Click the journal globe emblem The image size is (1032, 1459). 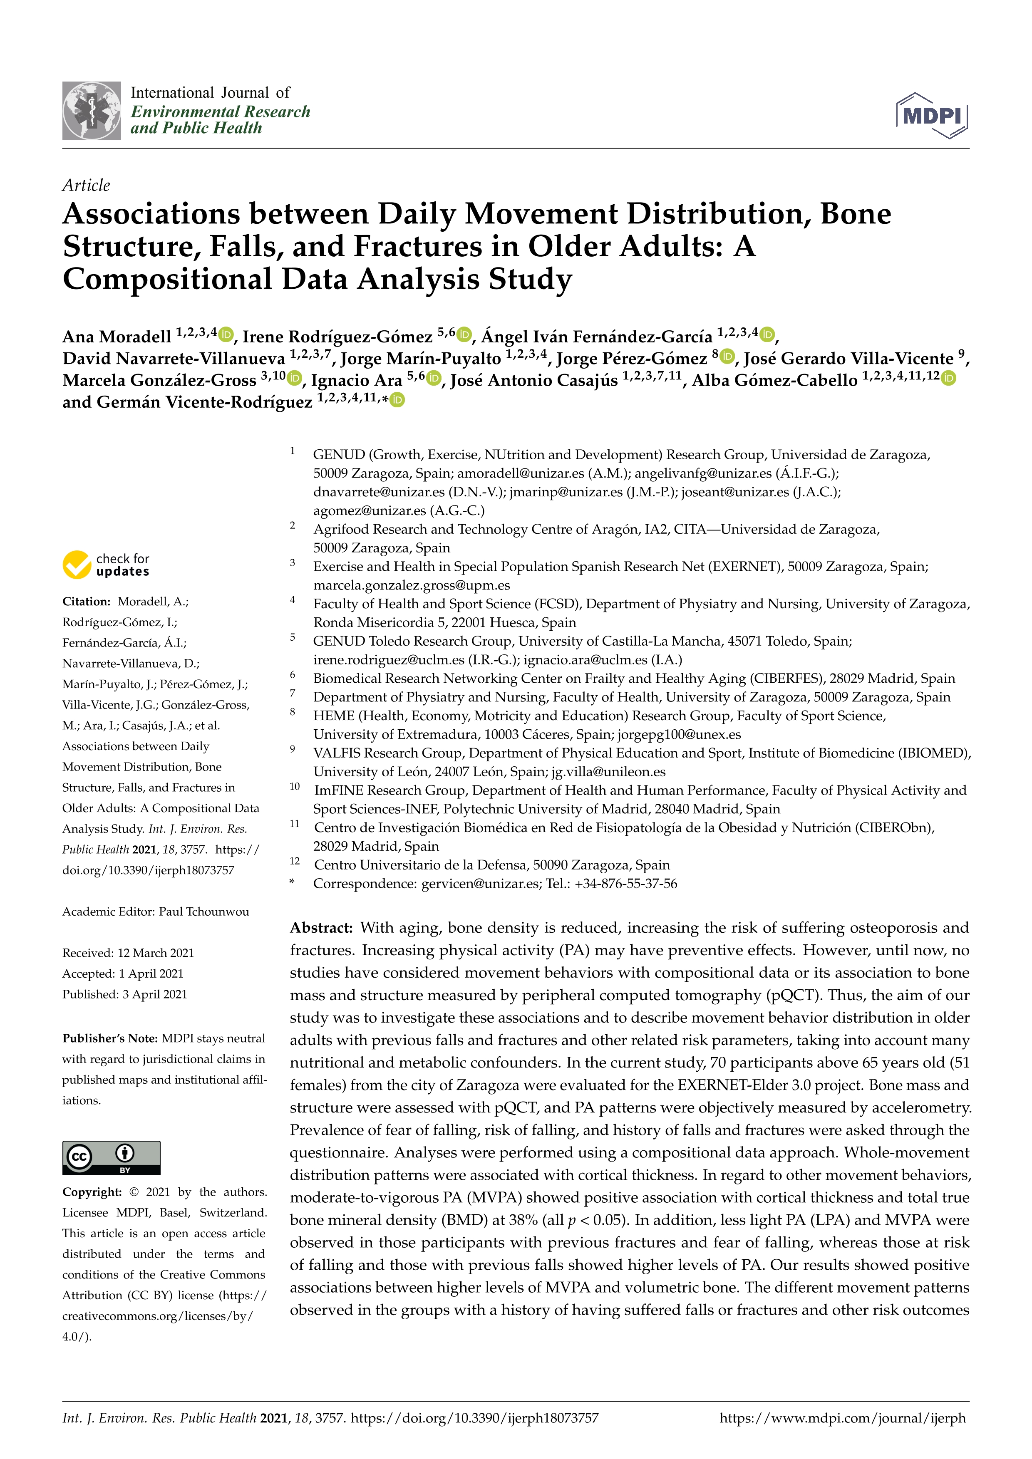click(92, 111)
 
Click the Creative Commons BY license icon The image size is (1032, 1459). click(111, 1157)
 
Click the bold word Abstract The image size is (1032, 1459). click(321, 928)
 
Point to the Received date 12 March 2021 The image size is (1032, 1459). click(156, 953)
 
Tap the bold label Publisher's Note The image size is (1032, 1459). click(110, 1038)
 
